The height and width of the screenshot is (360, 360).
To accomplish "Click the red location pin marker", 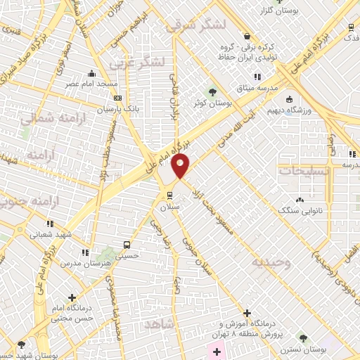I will [x=181, y=166].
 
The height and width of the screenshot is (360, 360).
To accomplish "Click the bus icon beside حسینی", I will [x=127, y=245].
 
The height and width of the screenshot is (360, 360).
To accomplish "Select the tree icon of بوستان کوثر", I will [x=212, y=91].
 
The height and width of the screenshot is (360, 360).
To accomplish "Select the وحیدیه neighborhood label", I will [x=268, y=262].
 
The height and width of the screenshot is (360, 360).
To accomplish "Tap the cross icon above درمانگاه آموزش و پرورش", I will [x=247, y=313].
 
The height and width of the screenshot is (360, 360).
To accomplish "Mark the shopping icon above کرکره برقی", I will [x=246, y=37].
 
